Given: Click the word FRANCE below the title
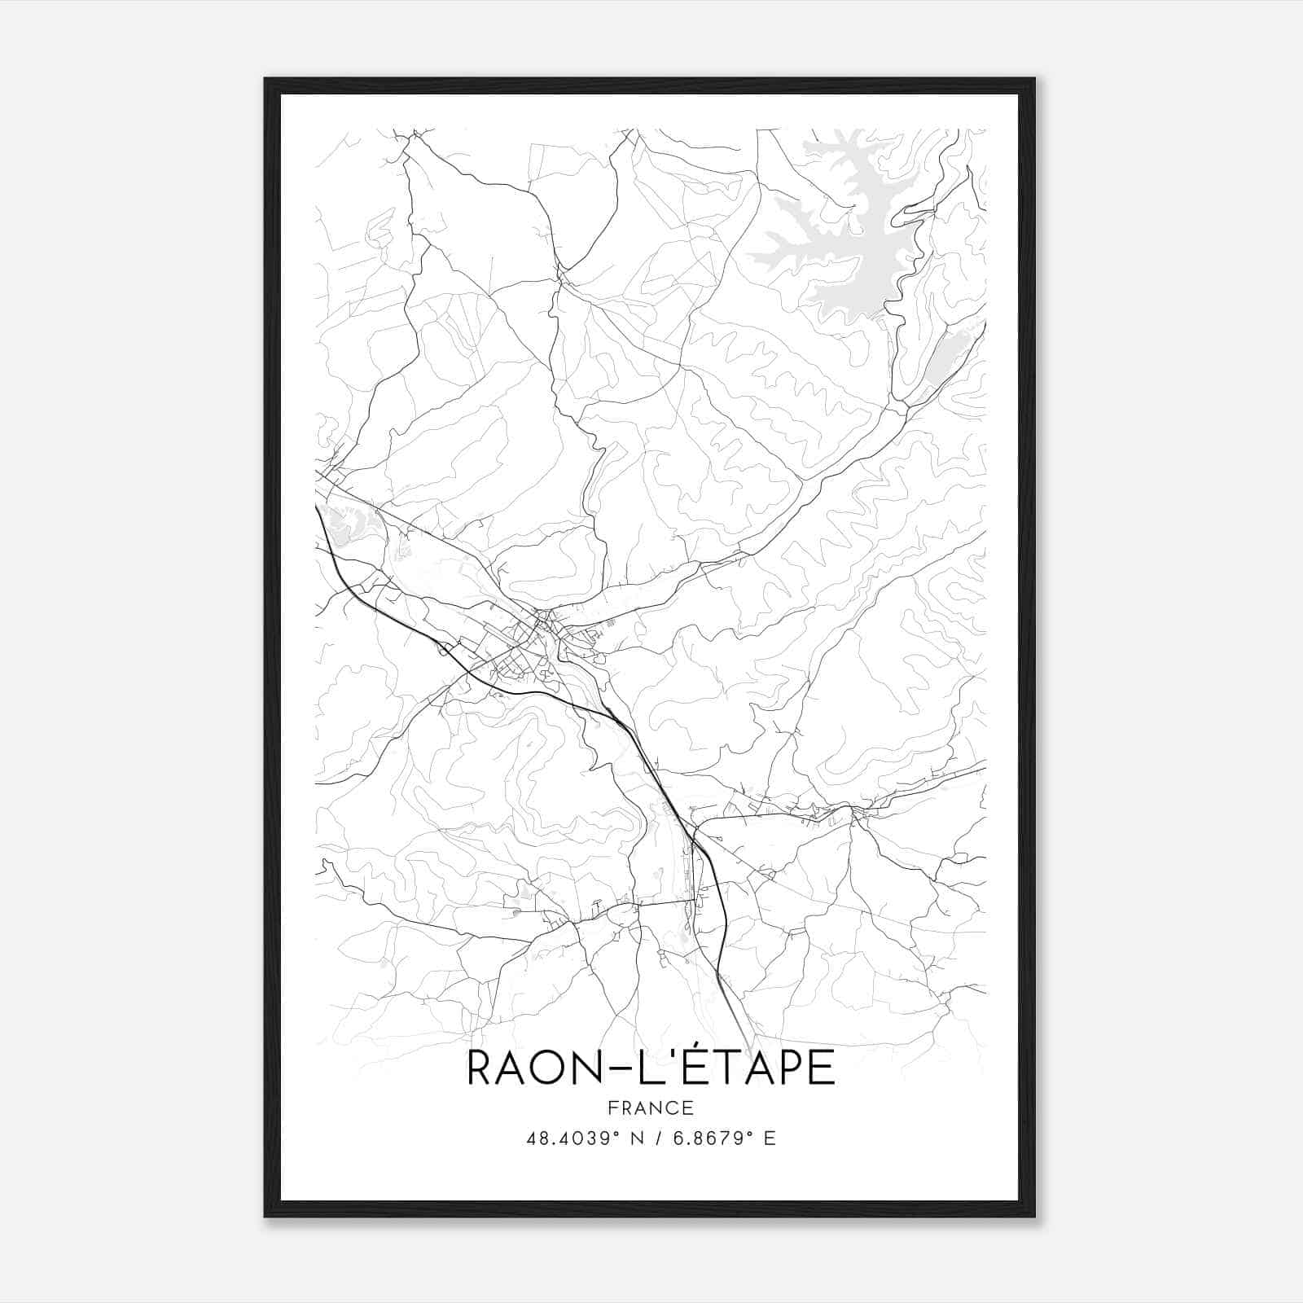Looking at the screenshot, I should point(650,1108).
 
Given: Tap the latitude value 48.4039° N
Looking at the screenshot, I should point(579,1138).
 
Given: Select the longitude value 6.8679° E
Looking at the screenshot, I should point(710,1138).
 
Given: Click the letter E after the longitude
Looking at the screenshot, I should point(770,1138).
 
